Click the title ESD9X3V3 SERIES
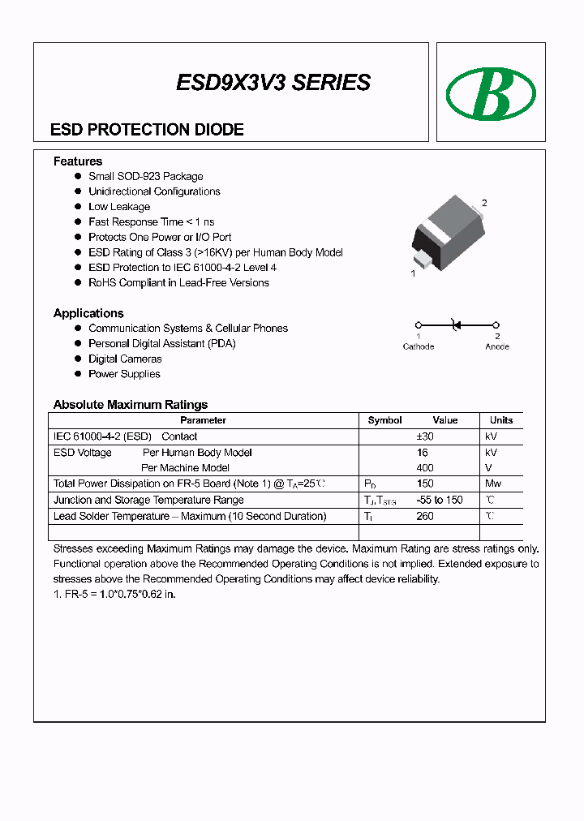point(273,82)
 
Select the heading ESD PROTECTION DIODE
point(147,130)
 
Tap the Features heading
point(78,161)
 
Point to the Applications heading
point(88,313)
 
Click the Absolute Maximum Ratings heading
point(131,404)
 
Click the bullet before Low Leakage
point(79,207)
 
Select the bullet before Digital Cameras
point(79,359)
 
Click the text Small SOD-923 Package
point(146,176)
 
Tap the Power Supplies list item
point(124,374)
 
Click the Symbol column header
point(384,420)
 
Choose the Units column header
point(501,420)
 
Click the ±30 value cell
point(424,436)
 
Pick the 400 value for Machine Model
point(424,467)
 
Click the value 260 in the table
point(424,516)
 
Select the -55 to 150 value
point(438,500)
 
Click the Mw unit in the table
point(492,484)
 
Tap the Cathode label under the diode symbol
point(419,346)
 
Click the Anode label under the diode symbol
point(497,346)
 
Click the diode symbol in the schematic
point(455,325)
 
